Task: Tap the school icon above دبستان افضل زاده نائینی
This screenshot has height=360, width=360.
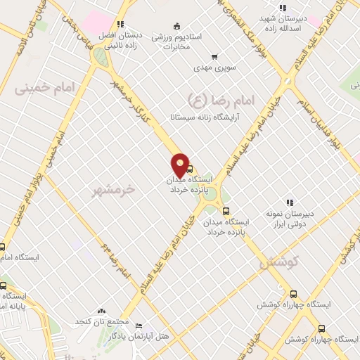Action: point(121,23)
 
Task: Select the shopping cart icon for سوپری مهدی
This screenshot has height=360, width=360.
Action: point(214,57)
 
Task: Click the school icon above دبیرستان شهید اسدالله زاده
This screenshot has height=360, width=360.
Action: point(282,8)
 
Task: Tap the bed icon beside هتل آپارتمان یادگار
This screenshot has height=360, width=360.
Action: point(139,326)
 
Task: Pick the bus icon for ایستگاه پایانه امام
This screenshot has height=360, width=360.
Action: point(3,285)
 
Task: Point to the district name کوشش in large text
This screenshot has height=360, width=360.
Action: point(279,262)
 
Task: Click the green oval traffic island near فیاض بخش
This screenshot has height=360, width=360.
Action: point(101,58)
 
